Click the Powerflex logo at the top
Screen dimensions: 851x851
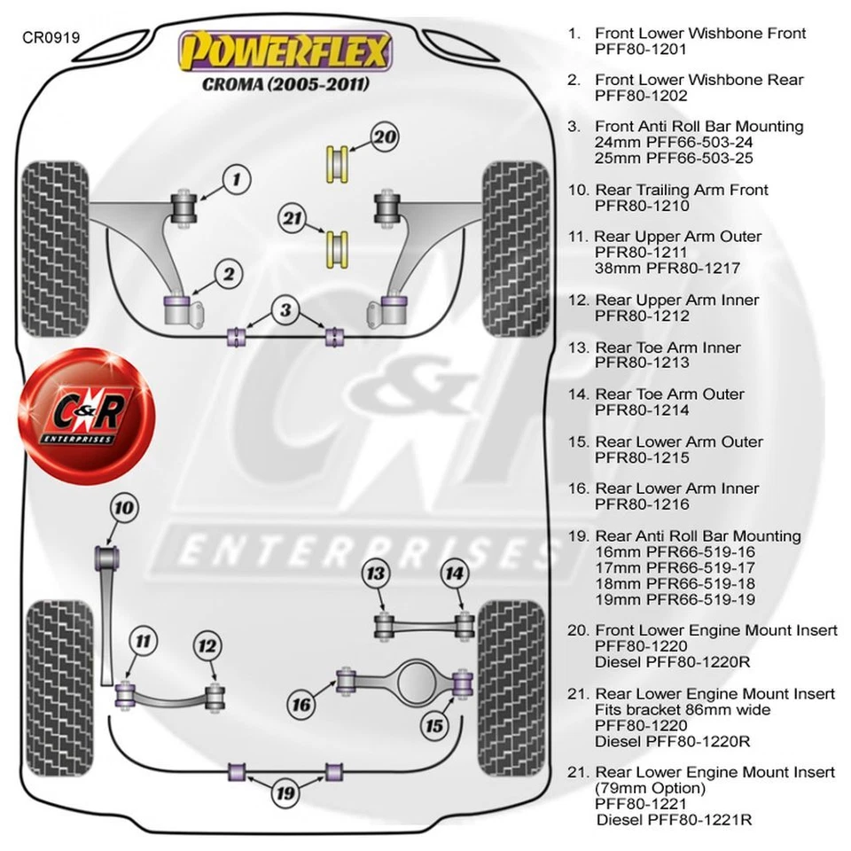click(285, 52)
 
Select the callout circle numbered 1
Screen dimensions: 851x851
click(237, 181)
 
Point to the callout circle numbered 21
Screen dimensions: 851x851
click(293, 218)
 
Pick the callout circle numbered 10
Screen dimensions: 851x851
click(124, 508)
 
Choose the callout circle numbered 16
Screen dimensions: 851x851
click(302, 706)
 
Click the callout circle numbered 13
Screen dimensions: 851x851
click(377, 574)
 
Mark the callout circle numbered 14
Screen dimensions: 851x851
click(454, 574)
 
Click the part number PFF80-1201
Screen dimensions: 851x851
click(642, 50)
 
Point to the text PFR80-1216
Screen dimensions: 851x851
click(642, 504)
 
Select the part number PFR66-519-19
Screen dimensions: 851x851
click(675, 599)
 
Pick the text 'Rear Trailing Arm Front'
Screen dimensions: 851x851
click(681, 190)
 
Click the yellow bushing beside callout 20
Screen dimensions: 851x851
click(337, 163)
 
